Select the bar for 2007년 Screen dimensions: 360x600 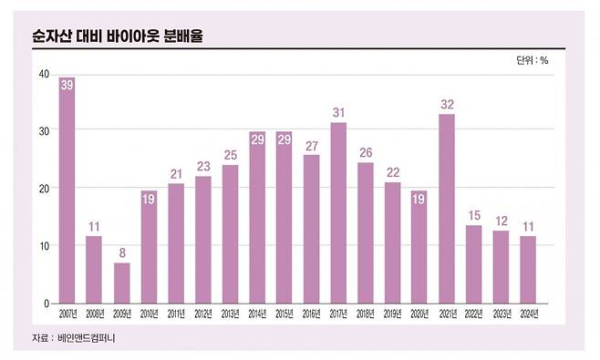click(x=67, y=190)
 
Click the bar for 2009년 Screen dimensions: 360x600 click(x=121, y=283)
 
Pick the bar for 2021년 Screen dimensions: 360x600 click(x=446, y=209)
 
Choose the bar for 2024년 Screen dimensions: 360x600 click(x=527, y=270)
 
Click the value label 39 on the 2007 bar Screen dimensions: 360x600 click(x=67, y=84)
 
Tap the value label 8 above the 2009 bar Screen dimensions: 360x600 click(x=121, y=251)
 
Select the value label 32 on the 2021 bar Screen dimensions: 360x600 click(x=446, y=105)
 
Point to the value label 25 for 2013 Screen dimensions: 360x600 click(x=230, y=154)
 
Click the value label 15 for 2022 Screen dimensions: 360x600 click(x=473, y=214)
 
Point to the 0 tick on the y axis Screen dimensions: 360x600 click(x=45, y=303)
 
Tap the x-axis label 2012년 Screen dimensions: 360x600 click(x=202, y=315)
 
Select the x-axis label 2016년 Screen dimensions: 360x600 click(x=311, y=315)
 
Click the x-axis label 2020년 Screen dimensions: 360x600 click(x=419, y=315)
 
